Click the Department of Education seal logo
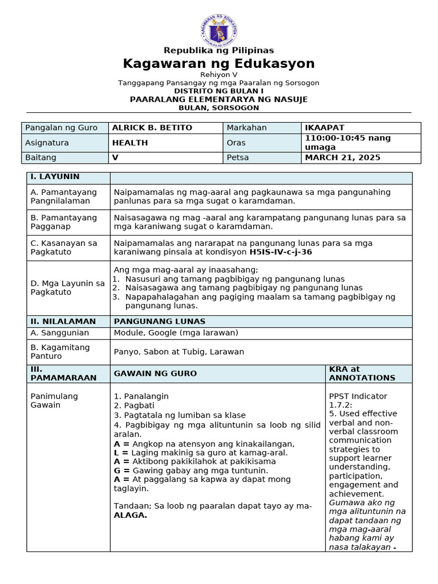(219, 29)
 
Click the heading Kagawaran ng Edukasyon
(219, 63)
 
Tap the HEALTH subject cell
(130, 143)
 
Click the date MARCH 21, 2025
(343, 157)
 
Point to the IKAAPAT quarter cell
(325, 128)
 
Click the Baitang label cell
(41, 157)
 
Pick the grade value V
(115, 157)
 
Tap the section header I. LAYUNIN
(55, 177)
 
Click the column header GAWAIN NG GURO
(155, 374)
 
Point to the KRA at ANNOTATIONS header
(362, 374)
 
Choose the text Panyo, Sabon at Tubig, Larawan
(179, 352)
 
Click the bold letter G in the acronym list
(117, 471)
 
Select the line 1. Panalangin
(141, 396)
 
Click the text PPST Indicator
(358, 396)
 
